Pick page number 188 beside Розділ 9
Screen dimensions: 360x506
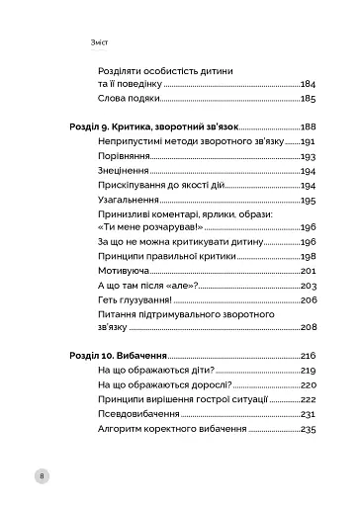coord(307,128)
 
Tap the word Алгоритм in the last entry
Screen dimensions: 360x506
coord(124,430)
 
